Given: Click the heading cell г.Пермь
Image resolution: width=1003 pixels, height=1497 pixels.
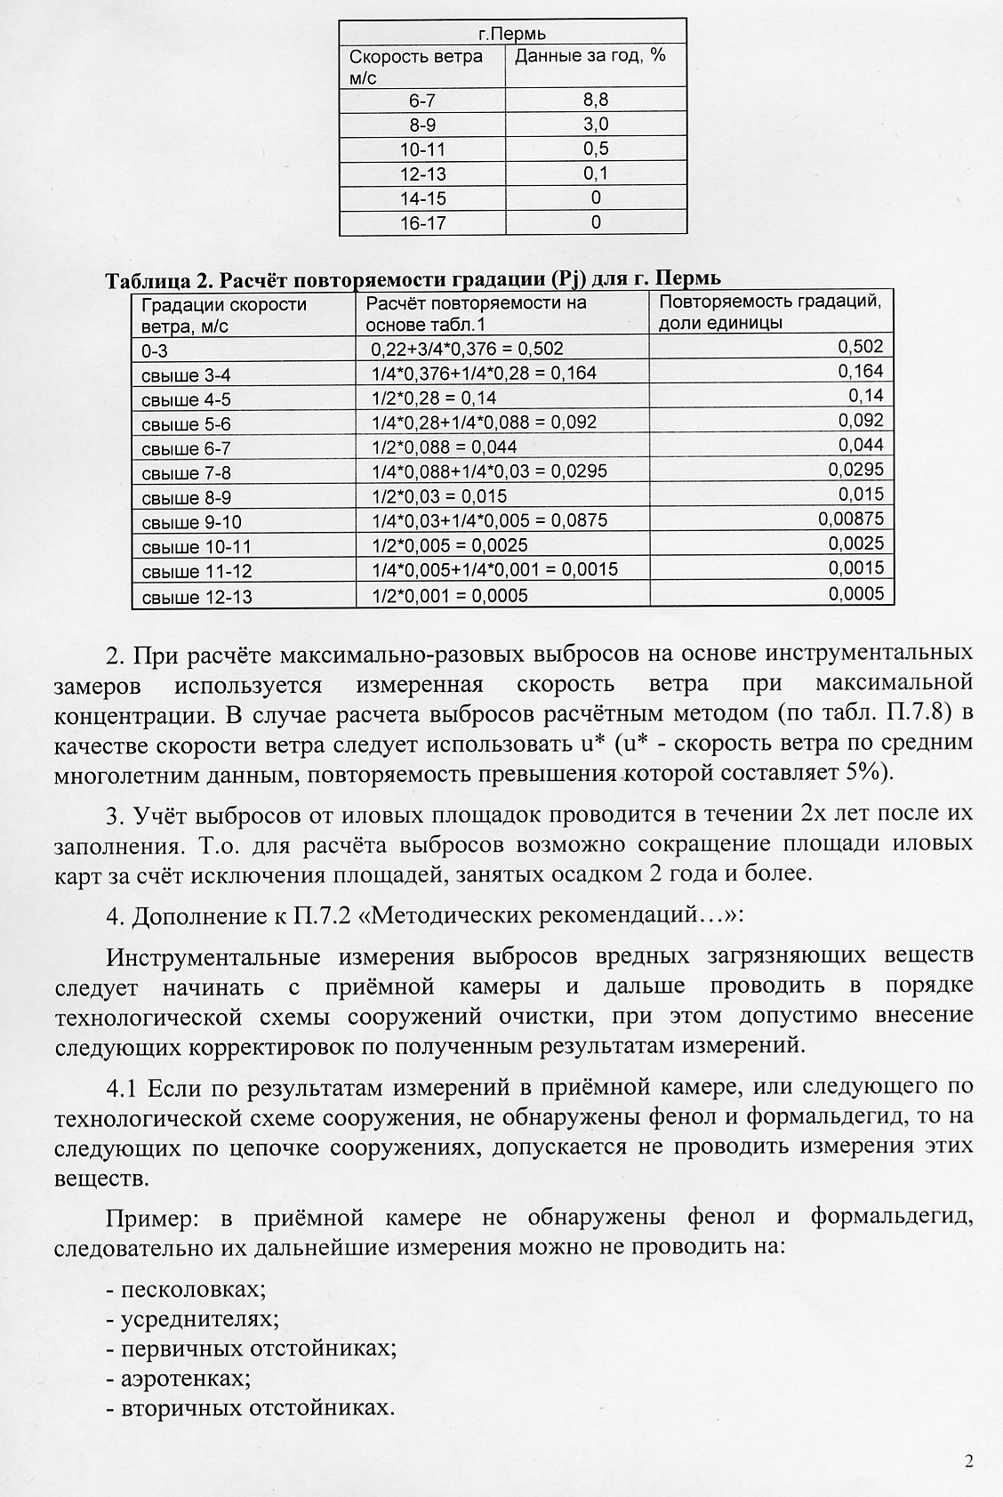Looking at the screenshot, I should [512, 34].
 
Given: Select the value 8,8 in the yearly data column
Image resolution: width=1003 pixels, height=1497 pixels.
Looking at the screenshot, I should [596, 100].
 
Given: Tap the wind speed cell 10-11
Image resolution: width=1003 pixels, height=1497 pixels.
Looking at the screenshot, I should [422, 149].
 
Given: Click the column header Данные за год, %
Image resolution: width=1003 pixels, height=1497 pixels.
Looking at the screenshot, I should [590, 56].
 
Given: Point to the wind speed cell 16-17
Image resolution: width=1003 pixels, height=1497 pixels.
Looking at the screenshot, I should [422, 223].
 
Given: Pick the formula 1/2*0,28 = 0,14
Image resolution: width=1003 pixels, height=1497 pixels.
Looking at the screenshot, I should [433, 398].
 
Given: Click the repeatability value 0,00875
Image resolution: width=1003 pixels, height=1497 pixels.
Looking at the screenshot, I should [851, 519].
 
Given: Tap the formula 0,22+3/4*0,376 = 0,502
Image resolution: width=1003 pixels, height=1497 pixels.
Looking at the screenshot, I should [466, 350].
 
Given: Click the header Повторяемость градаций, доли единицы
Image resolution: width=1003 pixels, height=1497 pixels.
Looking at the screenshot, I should [770, 311].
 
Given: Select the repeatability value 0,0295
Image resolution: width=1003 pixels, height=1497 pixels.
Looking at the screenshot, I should [855, 470].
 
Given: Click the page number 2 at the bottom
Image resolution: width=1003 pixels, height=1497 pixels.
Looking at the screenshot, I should [968, 1461].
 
